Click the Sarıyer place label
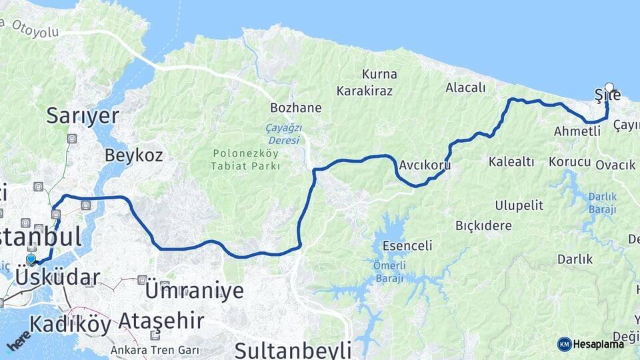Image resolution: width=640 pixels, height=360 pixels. [x=82, y=116]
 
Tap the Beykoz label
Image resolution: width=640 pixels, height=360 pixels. [x=133, y=155]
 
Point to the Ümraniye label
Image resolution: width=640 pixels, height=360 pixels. [x=193, y=290]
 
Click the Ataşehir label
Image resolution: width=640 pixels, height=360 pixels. [x=161, y=321]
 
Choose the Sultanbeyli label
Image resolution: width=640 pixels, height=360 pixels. [x=292, y=350]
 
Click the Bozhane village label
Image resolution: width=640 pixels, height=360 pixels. [x=295, y=107]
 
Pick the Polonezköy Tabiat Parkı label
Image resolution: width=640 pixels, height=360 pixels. [x=245, y=159]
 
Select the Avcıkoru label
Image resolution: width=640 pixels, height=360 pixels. [x=425, y=165]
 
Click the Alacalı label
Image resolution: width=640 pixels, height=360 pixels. [x=467, y=87]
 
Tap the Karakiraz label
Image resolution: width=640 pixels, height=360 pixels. [x=364, y=90]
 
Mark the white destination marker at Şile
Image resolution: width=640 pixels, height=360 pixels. [x=609, y=87]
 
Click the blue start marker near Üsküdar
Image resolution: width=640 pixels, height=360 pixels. [x=31, y=259]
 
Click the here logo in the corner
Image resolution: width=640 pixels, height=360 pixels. [x=18, y=341]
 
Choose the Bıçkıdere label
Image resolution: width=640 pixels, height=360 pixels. [x=483, y=225]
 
